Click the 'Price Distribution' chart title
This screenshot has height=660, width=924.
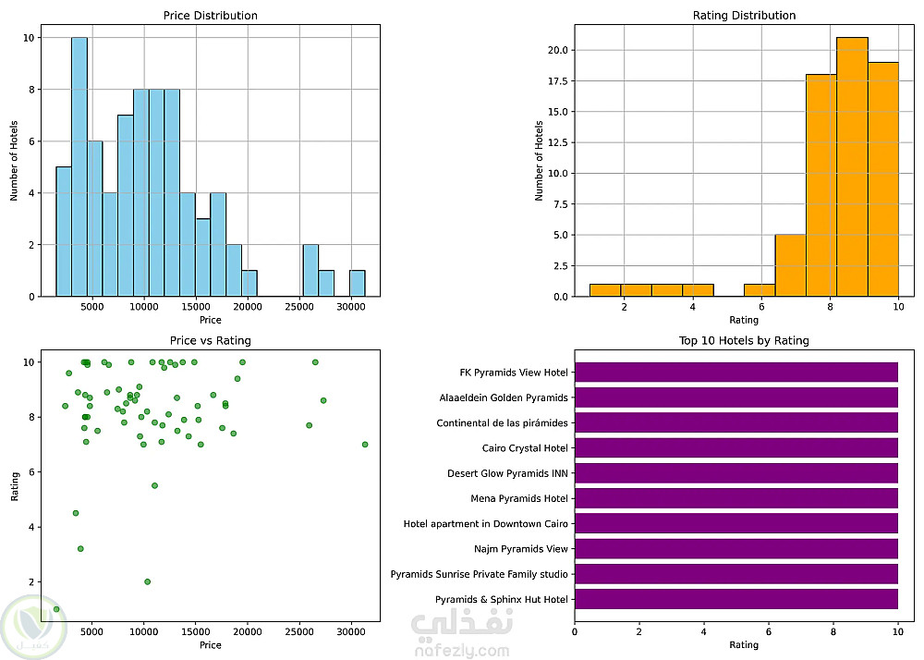click(x=211, y=16)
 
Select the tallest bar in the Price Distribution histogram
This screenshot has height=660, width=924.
click(x=79, y=166)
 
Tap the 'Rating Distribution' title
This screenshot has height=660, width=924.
click(x=744, y=16)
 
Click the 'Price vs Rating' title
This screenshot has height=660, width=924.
click(x=211, y=340)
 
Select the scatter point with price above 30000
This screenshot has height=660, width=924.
click(x=365, y=445)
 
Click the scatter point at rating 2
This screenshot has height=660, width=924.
click(x=147, y=581)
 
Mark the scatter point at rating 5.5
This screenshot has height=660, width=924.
click(x=154, y=485)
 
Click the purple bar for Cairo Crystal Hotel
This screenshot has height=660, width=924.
click(x=736, y=448)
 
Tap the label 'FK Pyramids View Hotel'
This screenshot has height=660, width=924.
click(x=514, y=373)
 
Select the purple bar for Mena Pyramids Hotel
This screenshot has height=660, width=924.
click(x=736, y=498)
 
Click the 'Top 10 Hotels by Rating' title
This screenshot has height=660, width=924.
click(x=744, y=340)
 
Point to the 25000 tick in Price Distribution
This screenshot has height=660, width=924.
click(x=300, y=307)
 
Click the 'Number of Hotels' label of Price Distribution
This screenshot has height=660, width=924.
click(x=15, y=153)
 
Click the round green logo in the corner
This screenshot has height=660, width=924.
click(x=33, y=624)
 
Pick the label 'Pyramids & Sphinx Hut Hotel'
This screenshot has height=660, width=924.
click(x=502, y=600)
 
